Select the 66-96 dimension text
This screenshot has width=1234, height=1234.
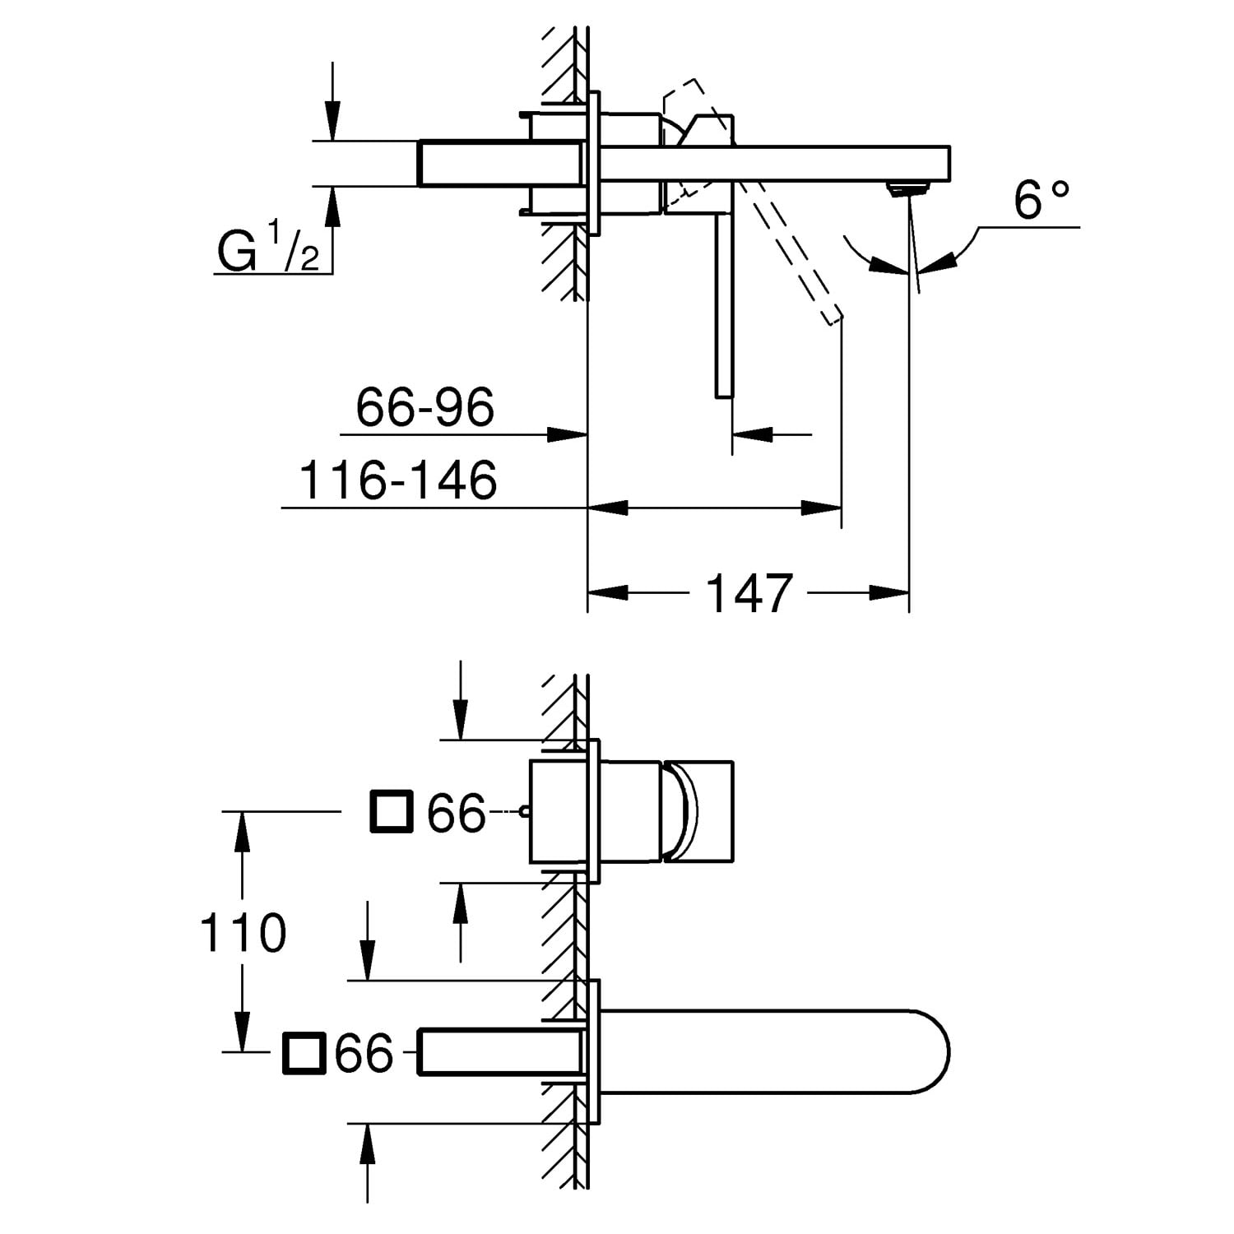point(424,406)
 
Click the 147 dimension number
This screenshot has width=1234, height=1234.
point(749,592)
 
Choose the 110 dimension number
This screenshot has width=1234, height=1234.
point(243,932)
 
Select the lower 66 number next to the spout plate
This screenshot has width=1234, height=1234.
point(364,1053)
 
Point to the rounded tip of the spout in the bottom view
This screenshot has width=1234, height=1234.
point(949,1051)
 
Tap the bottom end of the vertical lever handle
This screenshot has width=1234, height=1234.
point(724,397)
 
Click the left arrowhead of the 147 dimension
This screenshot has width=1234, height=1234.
point(607,592)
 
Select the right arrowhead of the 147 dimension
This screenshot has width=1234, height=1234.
point(888,592)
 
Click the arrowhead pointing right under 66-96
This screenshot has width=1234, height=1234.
point(567,434)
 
